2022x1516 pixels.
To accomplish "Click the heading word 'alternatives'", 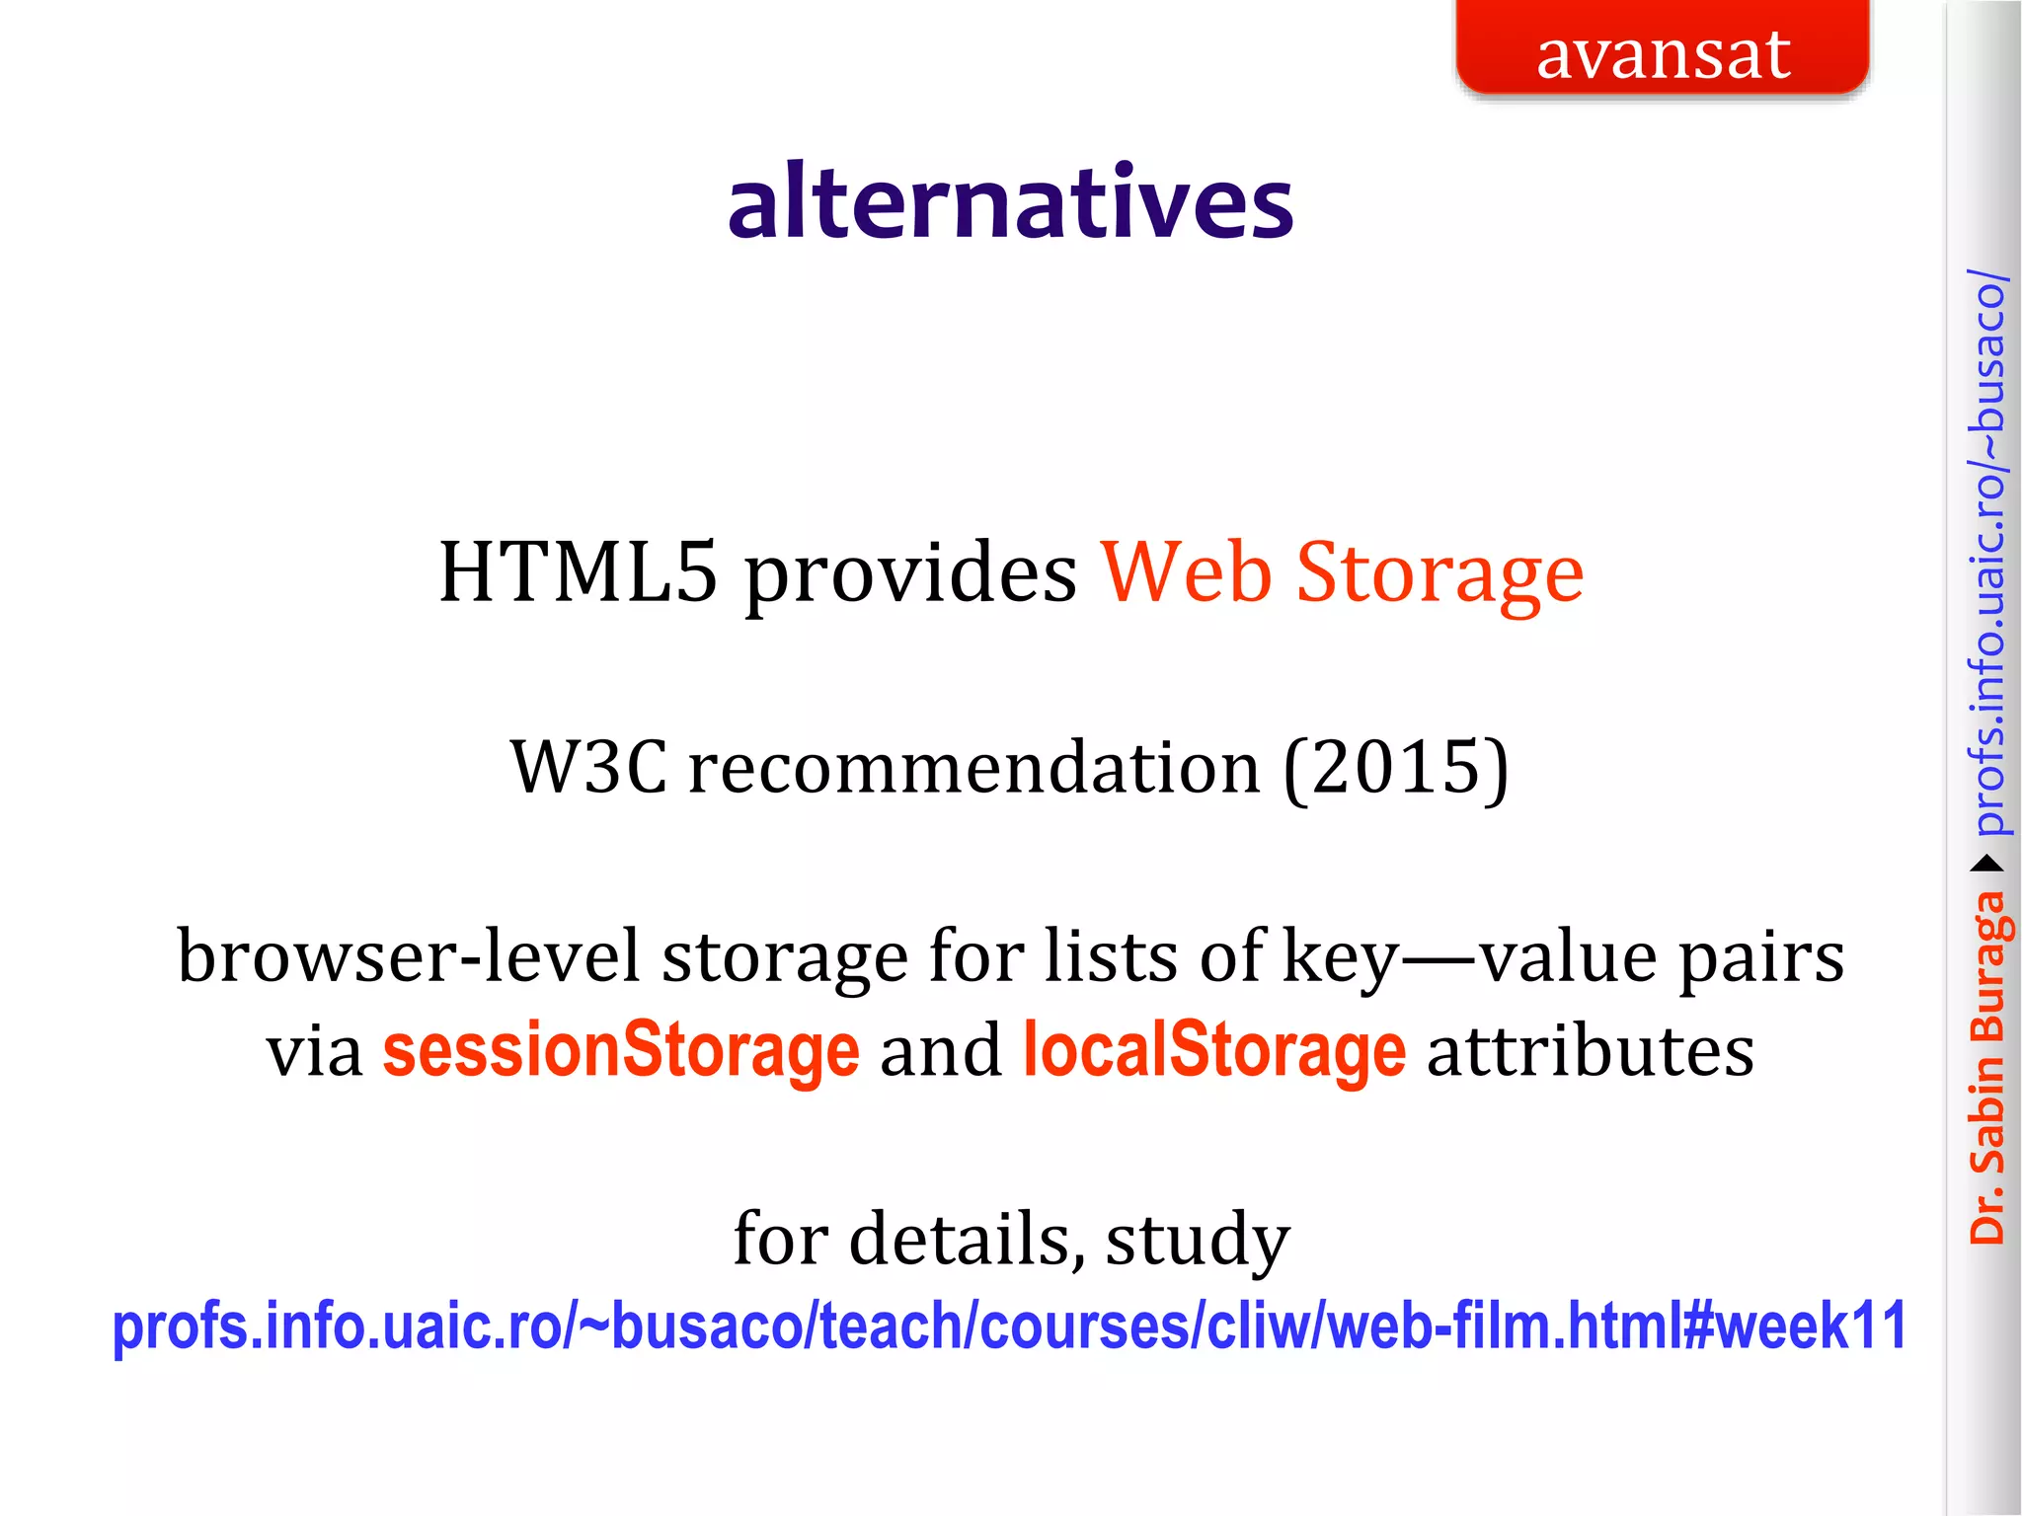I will click(x=1010, y=202).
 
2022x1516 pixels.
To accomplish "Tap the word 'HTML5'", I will click(x=578, y=572).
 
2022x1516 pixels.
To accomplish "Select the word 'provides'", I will click(x=910, y=574).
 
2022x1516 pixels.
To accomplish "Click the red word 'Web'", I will click(x=1186, y=572).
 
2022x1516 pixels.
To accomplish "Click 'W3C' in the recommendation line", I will click(x=589, y=767).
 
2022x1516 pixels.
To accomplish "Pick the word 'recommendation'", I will click(x=973, y=767).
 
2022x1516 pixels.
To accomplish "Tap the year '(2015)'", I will click(x=1396, y=767).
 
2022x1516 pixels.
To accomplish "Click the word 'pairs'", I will click(x=1761, y=957).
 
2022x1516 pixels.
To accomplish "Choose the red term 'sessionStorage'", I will click(x=621, y=1051).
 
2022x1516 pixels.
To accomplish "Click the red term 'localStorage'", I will click(x=1213, y=1051).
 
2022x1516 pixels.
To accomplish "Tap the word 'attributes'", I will click(x=1591, y=1051).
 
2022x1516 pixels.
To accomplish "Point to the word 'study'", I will click(x=1197, y=1241).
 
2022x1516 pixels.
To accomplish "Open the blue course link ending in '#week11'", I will click(x=1009, y=1326).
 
